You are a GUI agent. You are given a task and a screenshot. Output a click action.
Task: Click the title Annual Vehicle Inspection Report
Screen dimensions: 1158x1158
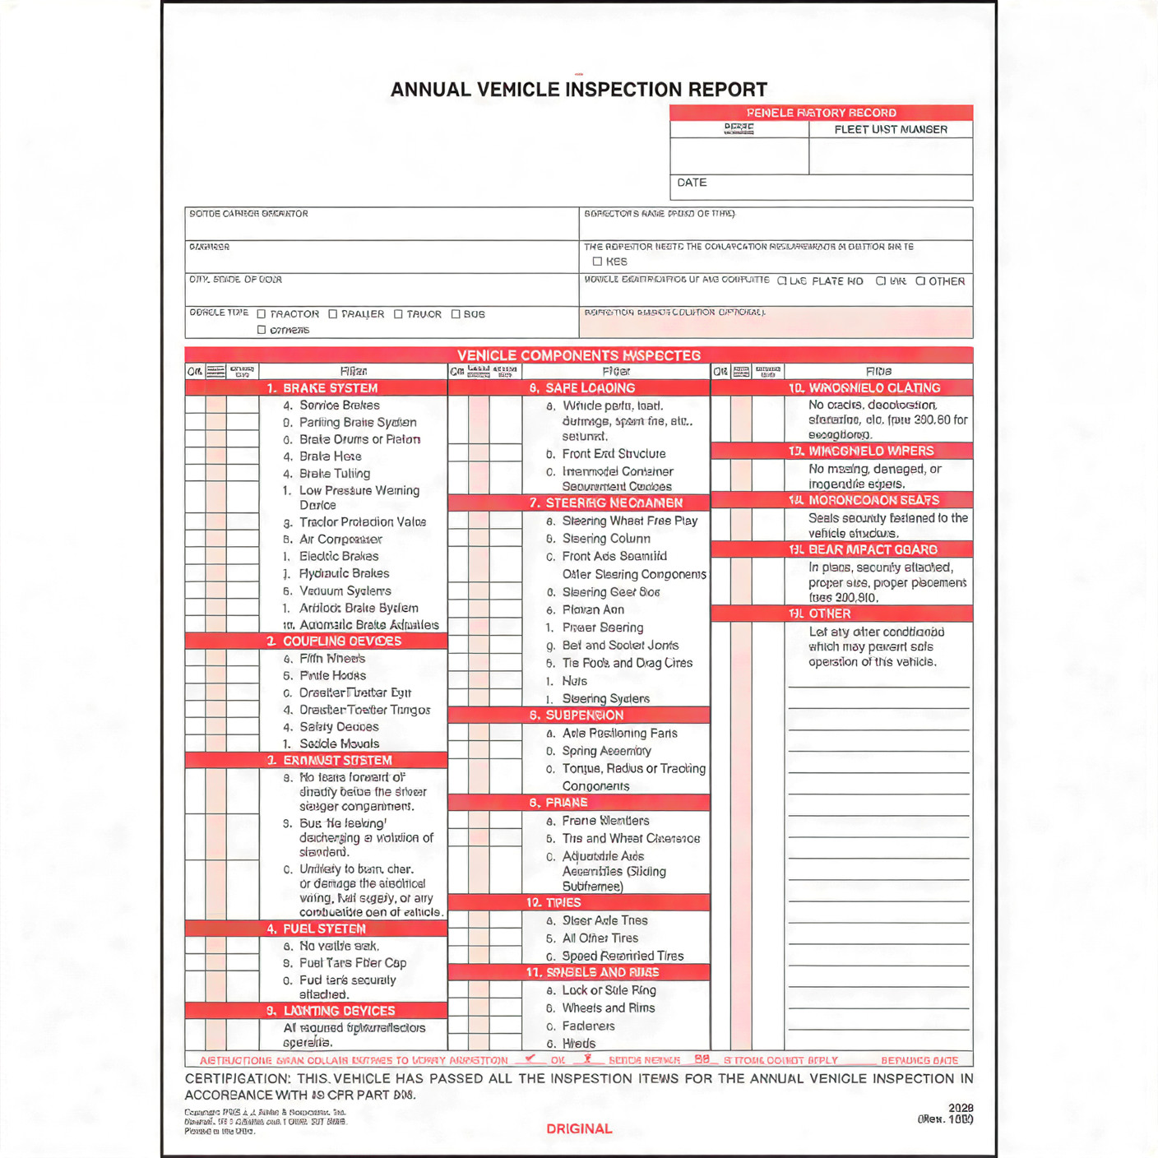[578, 90]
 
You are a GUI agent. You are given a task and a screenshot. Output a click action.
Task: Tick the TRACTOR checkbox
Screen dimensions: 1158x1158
[262, 314]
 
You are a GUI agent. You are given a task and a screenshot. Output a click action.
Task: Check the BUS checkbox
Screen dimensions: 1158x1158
[456, 314]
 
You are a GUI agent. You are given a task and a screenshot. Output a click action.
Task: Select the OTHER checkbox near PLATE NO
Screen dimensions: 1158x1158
[921, 281]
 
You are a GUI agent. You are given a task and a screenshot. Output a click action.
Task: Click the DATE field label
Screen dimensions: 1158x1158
[692, 183]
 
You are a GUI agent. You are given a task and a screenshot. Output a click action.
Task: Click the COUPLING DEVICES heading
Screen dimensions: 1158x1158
[341, 642]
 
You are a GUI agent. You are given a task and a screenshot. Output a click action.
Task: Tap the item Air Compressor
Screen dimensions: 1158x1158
[340, 540]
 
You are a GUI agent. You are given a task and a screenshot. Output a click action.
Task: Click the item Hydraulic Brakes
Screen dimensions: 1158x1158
[344, 573]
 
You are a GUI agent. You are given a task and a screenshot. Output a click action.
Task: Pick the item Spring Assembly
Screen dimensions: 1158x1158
[606, 751]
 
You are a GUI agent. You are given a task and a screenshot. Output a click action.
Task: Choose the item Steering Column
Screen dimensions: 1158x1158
[606, 539]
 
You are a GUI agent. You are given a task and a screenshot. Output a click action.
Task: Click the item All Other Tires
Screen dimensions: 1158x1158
[600, 938]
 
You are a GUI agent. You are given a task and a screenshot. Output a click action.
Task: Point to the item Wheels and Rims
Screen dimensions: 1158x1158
[608, 1008]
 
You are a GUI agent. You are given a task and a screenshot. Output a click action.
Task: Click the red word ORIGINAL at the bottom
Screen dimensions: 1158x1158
[579, 1129]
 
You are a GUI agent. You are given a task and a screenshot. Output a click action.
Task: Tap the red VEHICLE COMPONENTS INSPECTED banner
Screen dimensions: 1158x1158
[578, 355]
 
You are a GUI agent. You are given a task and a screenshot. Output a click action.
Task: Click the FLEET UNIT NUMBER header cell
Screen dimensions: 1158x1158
[891, 130]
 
